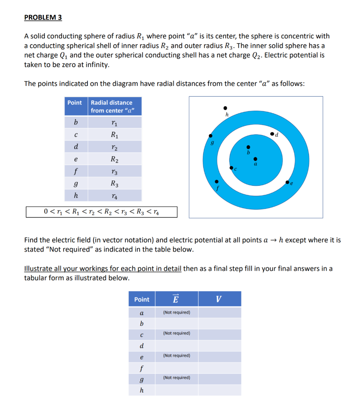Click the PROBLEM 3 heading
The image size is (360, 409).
click(x=43, y=18)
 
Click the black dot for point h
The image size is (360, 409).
click(x=225, y=108)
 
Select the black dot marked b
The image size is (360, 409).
click(x=248, y=147)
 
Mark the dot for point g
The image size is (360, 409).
click(x=208, y=135)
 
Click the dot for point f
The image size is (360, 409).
click(x=217, y=181)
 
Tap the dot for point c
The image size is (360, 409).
click(x=231, y=168)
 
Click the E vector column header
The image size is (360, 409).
click(x=176, y=299)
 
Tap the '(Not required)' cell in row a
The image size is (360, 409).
click(x=176, y=312)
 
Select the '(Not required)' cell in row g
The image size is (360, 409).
click(x=176, y=377)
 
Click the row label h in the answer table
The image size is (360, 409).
click(x=142, y=390)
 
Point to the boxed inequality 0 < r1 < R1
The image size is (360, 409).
click(x=101, y=212)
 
